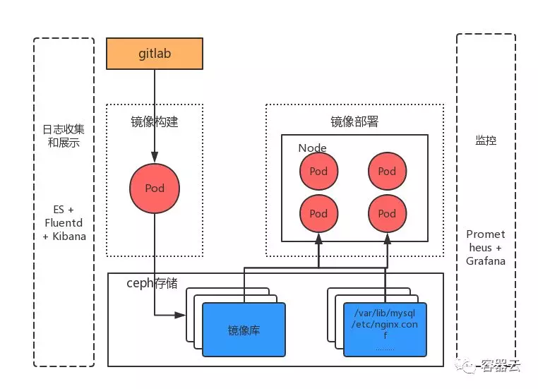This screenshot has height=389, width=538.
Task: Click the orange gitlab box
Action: [x=154, y=54]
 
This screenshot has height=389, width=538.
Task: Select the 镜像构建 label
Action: [x=155, y=121]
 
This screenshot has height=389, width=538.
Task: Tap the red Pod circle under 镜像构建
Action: [x=154, y=188]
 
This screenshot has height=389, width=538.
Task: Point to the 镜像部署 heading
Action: [x=354, y=121]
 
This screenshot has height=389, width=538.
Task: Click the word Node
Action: [x=312, y=148]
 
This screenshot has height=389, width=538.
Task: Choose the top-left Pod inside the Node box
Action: [x=318, y=171]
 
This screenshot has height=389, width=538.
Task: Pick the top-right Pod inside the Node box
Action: [x=387, y=171]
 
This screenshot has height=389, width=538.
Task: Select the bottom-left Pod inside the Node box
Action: [x=318, y=213]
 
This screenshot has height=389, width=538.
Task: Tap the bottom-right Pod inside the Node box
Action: [x=387, y=213]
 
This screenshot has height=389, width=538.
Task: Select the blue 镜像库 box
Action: [x=244, y=329]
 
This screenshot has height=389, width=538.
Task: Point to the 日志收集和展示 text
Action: [x=64, y=136]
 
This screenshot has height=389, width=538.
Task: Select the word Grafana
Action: [x=486, y=261]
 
